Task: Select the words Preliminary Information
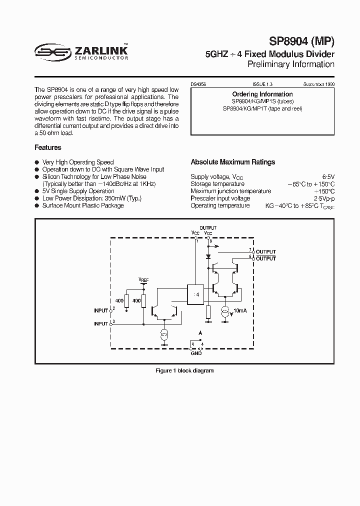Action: click(291, 64)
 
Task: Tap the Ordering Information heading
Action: click(262, 94)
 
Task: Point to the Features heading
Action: click(48, 147)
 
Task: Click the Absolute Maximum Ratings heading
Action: click(233, 162)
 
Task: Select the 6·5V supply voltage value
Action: click(327, 177)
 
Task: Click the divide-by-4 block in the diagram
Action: click(195, 294)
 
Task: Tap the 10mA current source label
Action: click(240, 311)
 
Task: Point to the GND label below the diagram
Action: click(196, 353)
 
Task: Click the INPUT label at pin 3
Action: click(101, 323)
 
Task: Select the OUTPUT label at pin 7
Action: click(265, 251)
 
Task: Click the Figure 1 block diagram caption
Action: click(184, 370)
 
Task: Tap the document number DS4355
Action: click(199, 85)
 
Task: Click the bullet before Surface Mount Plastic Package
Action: click(36, 205)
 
